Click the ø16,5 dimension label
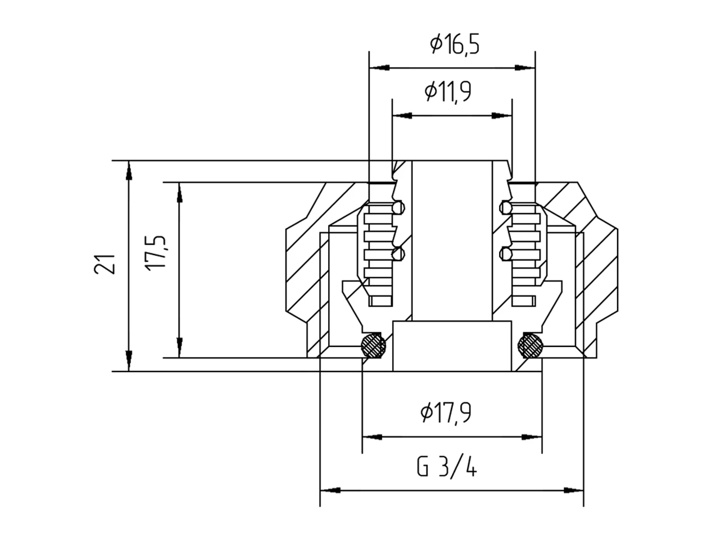(x=454, y=44)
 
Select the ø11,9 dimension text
(x=448, y=91)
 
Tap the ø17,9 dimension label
(x=446, y=412)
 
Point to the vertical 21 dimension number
(x=105, y=264)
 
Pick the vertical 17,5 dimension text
(x=156, y=253)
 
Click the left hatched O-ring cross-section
(x=373, y=345)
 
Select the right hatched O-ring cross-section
(x=530, y=345)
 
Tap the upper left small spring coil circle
(x=399, y=207)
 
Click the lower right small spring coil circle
(x=505, y=254)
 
